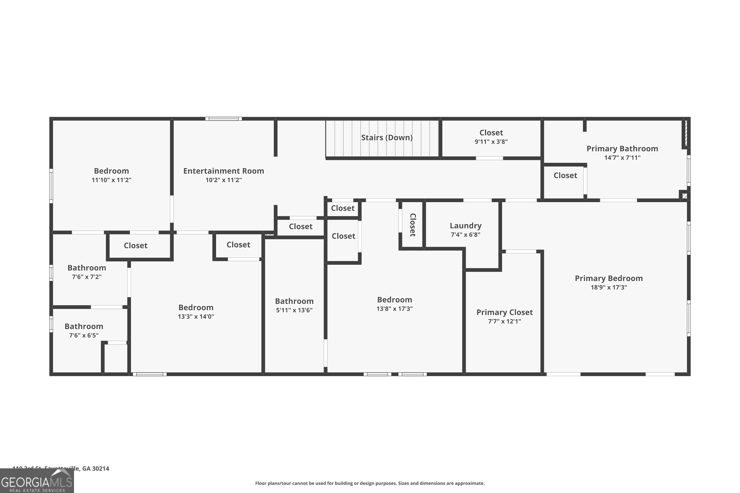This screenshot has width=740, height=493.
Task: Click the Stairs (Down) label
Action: click(x=387, y=137)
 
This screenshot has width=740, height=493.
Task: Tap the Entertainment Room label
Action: click(x=223, y=171)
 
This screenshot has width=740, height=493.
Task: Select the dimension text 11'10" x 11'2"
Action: click(x=111, y=180)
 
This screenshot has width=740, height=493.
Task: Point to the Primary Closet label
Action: click(x=504, y=312)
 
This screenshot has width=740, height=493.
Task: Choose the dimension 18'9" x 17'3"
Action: click(x=609, y=287)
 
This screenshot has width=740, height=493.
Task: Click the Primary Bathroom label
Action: click(x=622, y=148)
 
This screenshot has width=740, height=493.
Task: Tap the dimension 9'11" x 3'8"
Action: click(x=491, y=141)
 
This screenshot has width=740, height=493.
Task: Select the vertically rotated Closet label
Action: click(x=413, y=225)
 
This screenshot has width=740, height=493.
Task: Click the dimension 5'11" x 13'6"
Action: click(x=294, y=310)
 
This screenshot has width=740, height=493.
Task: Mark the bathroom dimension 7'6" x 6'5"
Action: click(x=84, y=335)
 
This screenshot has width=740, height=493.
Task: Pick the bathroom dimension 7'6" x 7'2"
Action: click(x=87, y=277)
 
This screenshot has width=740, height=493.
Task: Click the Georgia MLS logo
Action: click(x=37, y=481)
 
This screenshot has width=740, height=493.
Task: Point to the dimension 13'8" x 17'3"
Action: click(x=394, y=308)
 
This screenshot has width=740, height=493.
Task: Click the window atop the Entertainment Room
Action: click(x=223, y=119)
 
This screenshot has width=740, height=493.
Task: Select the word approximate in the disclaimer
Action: click(x=469, y=483)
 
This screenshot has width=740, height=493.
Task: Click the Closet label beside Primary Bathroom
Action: click(x=565, y=176)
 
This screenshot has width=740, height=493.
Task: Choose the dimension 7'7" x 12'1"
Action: click(x=504, y=321)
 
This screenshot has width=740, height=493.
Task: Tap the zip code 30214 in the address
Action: click(x=101, y=469)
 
